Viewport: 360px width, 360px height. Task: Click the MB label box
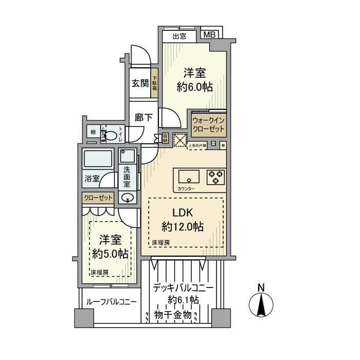209,35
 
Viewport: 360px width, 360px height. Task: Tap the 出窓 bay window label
179,37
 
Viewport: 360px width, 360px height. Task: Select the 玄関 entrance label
139,83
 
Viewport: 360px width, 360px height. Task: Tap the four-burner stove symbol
216,176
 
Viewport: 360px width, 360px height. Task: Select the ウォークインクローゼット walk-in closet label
208,124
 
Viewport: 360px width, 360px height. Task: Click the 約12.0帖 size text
182,226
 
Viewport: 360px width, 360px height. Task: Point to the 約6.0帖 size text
194,87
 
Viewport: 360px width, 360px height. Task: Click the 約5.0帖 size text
110,254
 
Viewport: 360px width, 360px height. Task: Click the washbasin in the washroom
128,197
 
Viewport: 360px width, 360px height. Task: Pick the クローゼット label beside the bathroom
97,198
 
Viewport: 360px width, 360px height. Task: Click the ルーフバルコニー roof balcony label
111,302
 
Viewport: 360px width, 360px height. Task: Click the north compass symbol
261,304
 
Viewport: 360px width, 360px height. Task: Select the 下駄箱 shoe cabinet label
154,83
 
